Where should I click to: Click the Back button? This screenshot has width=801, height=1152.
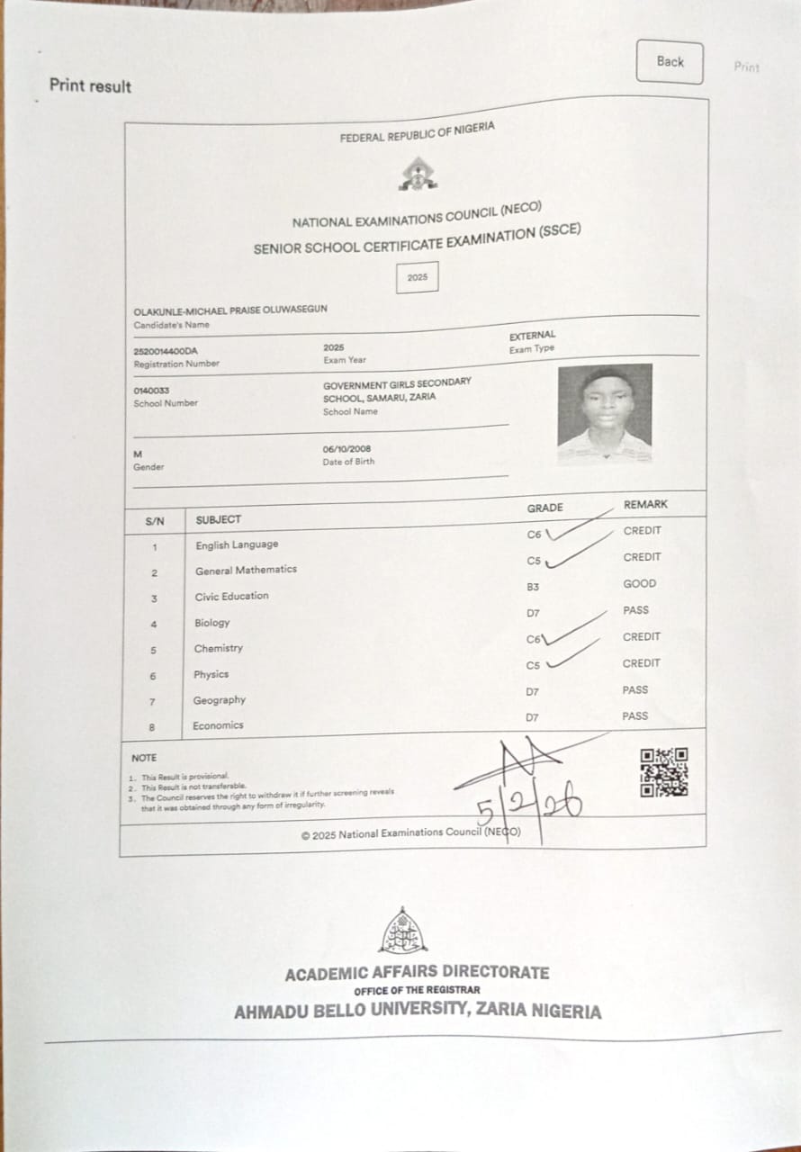(670, 62)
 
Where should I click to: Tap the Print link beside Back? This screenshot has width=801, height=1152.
(746, 67)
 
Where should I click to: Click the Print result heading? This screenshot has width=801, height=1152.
(90, 86)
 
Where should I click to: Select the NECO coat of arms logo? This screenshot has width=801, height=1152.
(418, 174)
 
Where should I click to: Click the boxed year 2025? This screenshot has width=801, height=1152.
(418, 277)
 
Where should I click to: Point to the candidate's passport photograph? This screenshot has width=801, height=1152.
(605, 413)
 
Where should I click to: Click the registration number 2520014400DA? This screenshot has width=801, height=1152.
(166, 351)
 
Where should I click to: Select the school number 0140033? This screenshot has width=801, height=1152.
(151, 391)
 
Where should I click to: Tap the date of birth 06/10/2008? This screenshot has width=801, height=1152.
(346, 449)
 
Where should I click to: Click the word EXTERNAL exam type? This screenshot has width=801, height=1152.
(533, 336)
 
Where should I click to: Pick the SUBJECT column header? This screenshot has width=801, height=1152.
(219, 519)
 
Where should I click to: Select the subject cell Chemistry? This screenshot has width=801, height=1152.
(218, 648)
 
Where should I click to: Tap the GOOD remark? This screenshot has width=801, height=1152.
(640, 583)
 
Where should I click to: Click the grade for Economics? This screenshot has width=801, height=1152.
(532, 718)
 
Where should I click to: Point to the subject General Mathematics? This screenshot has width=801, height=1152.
(246, 570)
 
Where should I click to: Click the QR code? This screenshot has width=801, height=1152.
(664, 772)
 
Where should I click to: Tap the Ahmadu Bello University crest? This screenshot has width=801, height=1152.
(403, 931)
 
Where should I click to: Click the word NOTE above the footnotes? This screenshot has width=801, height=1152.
(144, 758)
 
